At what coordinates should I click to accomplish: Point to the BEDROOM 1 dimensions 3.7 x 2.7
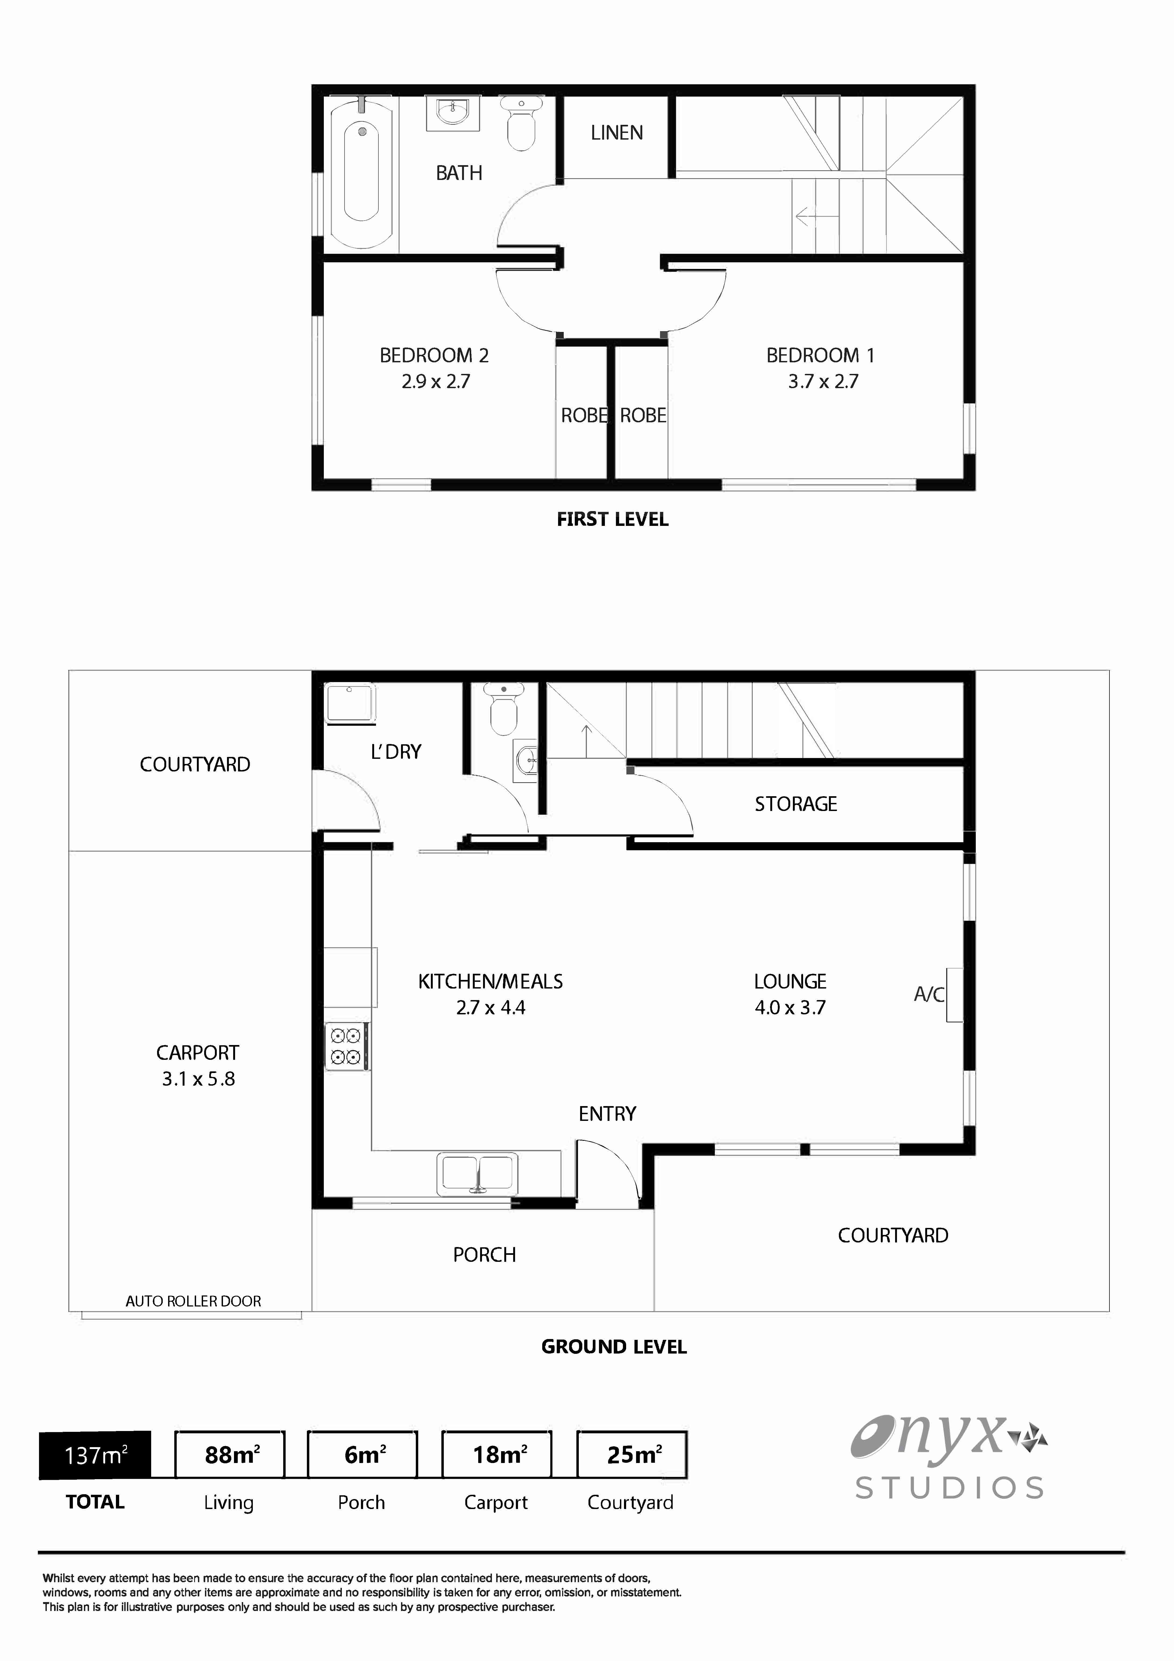tap(822, 381)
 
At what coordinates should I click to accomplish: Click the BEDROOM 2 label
tap(434, 355)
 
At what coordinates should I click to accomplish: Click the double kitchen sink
tap(477, 1173)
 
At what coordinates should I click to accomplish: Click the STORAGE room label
tap(796, 804)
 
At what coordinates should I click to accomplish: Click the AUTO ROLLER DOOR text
tap(193, 1301)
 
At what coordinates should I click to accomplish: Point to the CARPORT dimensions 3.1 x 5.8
tap(198, 1079)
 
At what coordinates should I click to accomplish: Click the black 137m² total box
tap(95, 1454)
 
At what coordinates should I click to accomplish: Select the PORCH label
tap(484, 1255)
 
